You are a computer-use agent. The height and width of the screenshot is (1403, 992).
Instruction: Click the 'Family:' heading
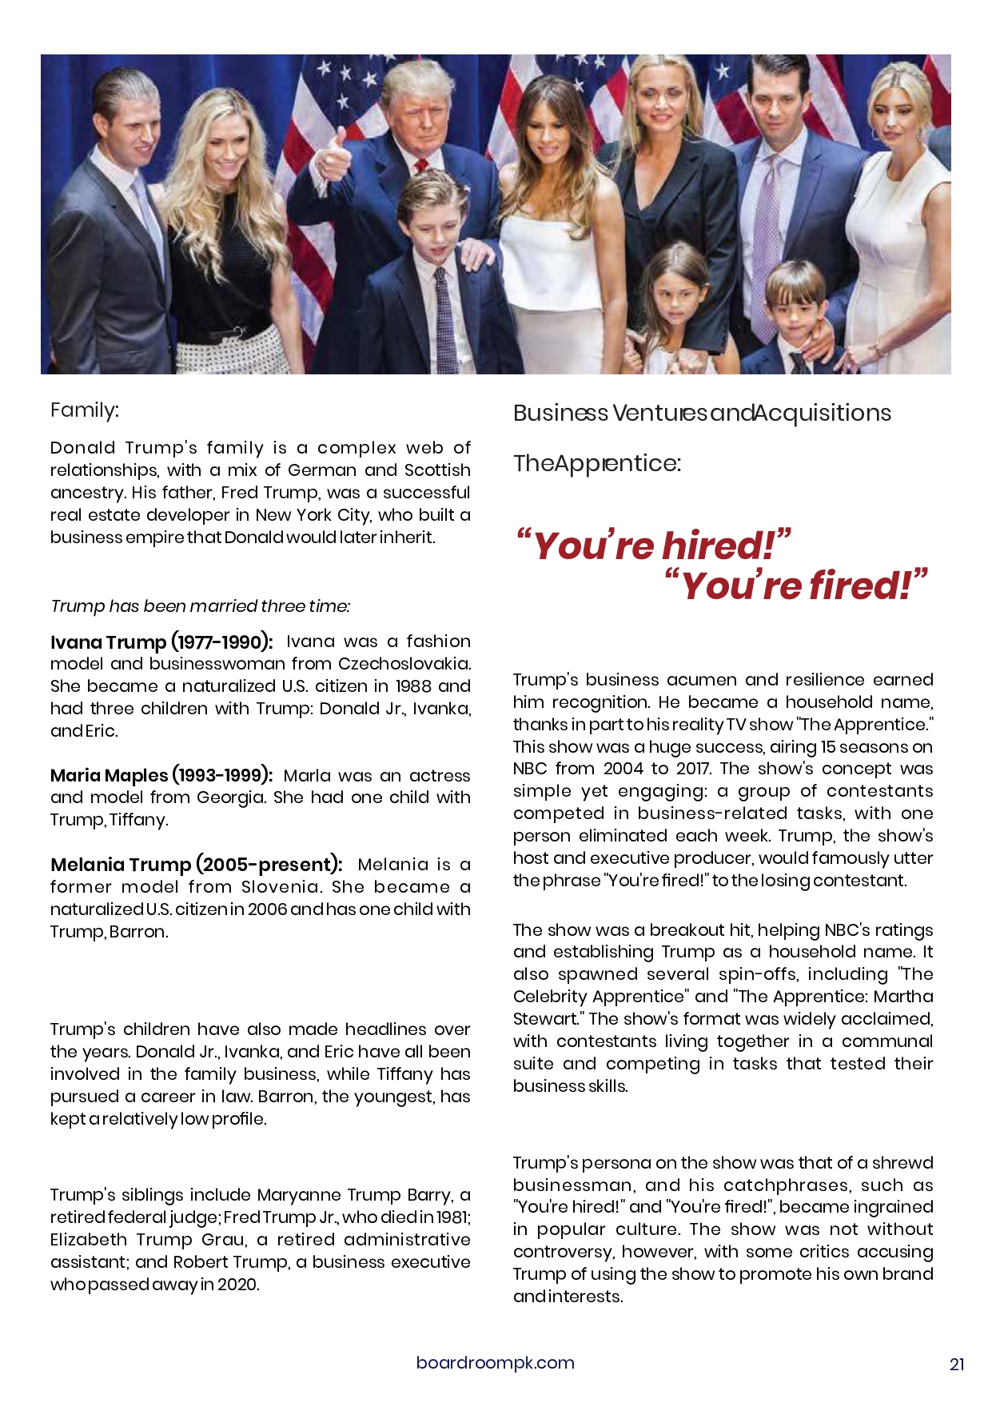point(84,410)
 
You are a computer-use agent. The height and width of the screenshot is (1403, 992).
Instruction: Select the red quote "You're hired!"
point(653,546)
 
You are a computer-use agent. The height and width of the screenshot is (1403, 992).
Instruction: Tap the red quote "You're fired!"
point(796,586)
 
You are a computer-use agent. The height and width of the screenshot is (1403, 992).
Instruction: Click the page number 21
point(957,1365)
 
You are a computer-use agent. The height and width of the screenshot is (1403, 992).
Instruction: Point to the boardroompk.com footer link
point(495,1363)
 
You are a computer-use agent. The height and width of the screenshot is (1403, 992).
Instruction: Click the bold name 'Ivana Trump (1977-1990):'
point(161,642)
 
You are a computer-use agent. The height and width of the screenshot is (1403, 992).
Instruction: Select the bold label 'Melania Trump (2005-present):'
point(196,865)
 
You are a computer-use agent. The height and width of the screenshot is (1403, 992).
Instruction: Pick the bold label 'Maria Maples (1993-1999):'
point(161,775)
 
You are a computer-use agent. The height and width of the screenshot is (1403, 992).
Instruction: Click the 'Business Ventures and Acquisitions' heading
point(702,414)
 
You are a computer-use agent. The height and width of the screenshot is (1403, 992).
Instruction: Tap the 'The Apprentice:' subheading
point(596,464)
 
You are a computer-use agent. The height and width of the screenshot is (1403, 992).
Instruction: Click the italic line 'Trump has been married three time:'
point(200,606)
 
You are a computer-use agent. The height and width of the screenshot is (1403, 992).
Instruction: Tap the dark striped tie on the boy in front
point(445,320)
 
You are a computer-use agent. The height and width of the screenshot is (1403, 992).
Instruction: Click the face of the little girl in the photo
point(678,296)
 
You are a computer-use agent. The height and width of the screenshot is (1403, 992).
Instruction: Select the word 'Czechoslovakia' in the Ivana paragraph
point(404,664)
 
